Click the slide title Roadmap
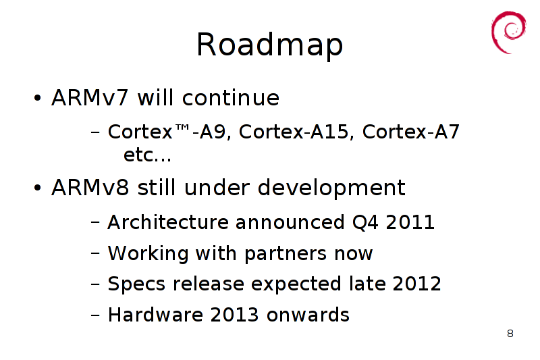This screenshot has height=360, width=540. coord(269,45)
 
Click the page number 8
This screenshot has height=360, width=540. coord(510,334)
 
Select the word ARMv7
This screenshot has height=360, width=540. coord(90,98)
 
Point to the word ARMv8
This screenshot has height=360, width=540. coord(90,188)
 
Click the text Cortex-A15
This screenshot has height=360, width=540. coord(294,132)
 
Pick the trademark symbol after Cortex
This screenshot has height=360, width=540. coord(182,128)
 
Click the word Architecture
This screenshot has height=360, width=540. coord(168,222)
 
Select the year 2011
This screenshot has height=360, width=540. coord(410,222)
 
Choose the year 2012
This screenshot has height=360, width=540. coord(416,284)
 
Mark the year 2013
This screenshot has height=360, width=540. coord(234,315)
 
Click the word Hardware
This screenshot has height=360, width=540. coord(155,315)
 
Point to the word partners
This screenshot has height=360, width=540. coord(286,254)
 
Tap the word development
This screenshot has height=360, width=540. coord(331,188)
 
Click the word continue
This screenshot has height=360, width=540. coord(231,98)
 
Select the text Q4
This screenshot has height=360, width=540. coord(365,222)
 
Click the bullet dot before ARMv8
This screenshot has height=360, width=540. coord(38,188)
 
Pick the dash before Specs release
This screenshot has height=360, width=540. coord(95,284)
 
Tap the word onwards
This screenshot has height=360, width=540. coord(308,315)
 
